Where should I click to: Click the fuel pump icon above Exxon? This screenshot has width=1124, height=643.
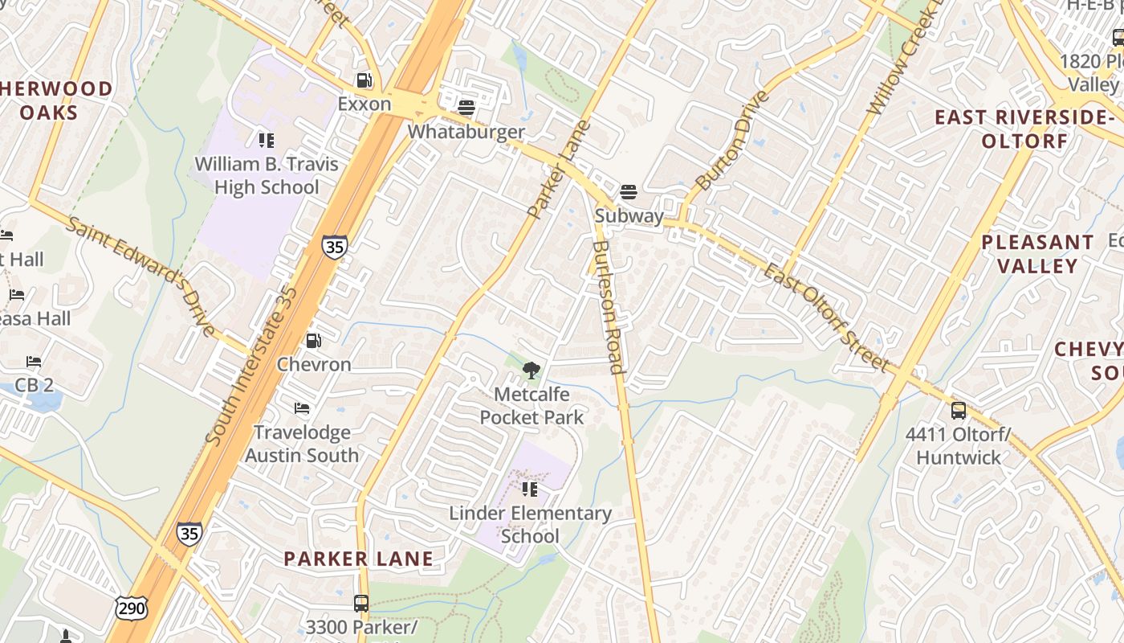[x=364, y=80]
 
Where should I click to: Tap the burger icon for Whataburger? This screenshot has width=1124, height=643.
[x=466, y=107]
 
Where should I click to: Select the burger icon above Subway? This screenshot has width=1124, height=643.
[x=629, y=192]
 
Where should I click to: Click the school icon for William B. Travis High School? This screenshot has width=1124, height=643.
[x=267, y=141]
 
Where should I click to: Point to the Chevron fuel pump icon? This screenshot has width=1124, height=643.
[x=314, y=341]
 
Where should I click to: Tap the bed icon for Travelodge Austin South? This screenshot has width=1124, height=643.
[x=302, y=409]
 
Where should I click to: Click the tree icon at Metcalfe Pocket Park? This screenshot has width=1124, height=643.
[x=531, y=371]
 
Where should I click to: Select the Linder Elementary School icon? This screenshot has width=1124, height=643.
[x=530, y=489]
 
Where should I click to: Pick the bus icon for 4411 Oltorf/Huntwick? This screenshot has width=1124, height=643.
[x=958, y=411]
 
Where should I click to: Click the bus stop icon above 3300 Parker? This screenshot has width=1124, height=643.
[x=361, y=603]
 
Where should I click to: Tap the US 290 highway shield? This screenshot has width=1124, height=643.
[x=131, y=608]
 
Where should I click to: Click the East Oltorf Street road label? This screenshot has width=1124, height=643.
[x=827, y=317]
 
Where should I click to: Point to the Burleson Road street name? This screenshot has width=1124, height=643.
[x=608, y=308]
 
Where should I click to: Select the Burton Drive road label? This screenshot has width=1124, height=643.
[x=731, y=141]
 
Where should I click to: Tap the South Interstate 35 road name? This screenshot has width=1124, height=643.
[x=250, y=366]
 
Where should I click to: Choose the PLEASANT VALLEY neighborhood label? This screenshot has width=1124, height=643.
[x=1037, y=254]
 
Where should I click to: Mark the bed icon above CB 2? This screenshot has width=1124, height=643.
[x=34, y=362]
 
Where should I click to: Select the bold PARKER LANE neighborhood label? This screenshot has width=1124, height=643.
[x=358, y=559]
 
